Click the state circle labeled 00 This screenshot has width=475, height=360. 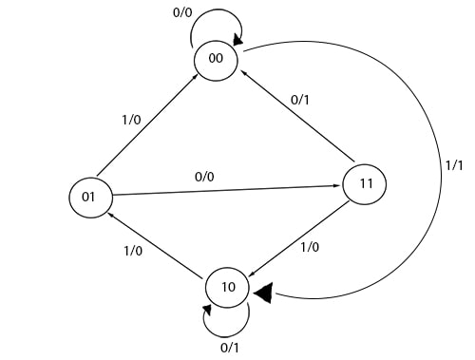[x=217, y=59]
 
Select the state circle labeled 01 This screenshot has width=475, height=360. [x=89, y=198]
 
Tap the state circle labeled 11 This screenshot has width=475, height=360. [x=365, y=183]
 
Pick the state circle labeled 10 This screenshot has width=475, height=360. [x=229, y=285]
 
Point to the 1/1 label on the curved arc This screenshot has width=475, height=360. [x=454, y=163]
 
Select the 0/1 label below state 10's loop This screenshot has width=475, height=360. [x=230, y=349]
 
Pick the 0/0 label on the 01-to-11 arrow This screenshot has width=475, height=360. [x=205, y=177]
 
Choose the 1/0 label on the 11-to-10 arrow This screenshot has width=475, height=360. [x=310, y=247]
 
